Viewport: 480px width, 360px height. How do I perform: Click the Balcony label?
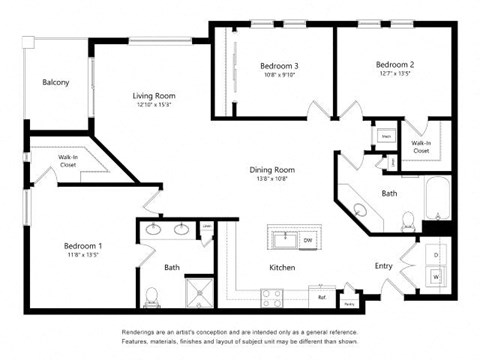tap(55, 82)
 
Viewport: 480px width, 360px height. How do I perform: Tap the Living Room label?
tap(155, 97)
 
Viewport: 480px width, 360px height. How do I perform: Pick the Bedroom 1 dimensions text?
tap(82, 255)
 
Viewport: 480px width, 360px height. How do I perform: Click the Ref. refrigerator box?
tap(322, 297)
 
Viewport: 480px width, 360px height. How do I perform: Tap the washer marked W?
tap(435, 277)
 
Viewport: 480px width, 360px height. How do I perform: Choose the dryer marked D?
tap(435, 254)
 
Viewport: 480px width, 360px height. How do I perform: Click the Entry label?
tap(383, 266)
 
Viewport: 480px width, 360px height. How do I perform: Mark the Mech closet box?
tap(385, 134)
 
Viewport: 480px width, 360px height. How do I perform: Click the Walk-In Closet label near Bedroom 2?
tap(421, 147)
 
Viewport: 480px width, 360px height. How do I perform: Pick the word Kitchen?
tap(281, 268)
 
